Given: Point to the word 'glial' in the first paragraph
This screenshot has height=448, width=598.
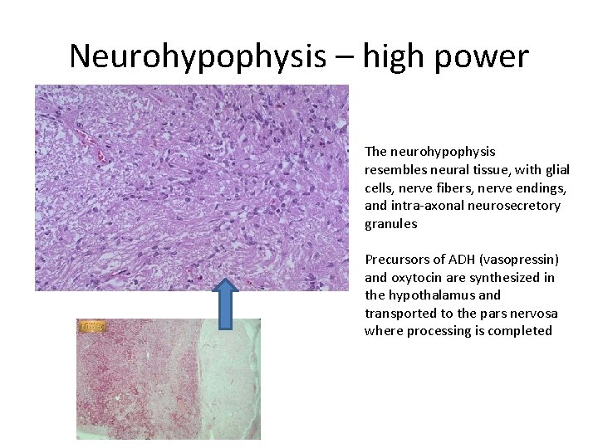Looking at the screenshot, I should (x=553, y=169).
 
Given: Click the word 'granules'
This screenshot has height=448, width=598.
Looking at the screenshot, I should (x=390, y=223).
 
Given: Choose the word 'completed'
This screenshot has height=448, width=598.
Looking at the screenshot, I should (x=521, y=331).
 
